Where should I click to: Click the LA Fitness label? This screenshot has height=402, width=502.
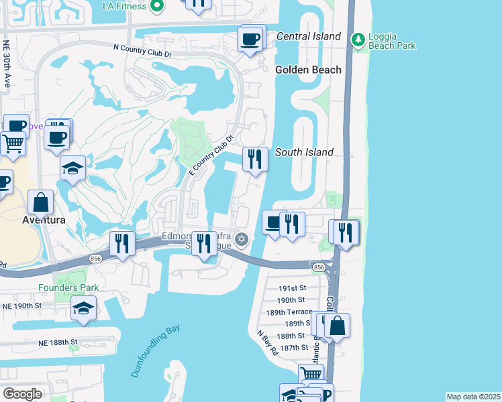[125, 6]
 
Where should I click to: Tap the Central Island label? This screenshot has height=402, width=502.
[308, 36]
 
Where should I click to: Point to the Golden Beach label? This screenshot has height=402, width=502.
[308, 70]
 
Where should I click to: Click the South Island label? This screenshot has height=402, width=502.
[304, 152]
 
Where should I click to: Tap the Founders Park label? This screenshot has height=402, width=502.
[68, 287]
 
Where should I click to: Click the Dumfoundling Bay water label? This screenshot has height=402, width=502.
[156, 352]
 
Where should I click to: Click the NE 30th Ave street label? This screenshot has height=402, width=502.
[7, 63]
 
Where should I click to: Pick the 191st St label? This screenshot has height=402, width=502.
[292, 287]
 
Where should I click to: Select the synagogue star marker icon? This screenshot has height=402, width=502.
[242, 239]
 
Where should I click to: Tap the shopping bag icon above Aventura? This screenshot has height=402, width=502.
[41, 202]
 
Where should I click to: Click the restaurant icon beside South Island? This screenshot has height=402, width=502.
[254, 159]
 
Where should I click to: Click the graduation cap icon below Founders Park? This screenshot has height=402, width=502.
[83, 308]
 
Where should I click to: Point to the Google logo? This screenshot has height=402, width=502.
[22, 394]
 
